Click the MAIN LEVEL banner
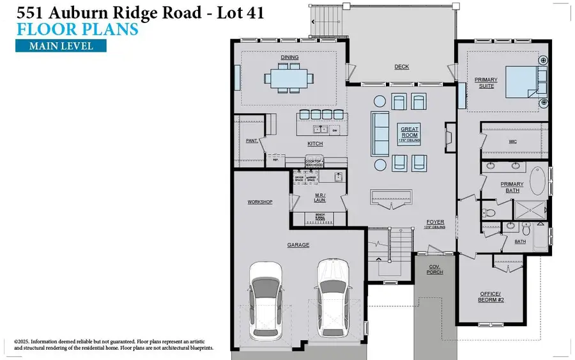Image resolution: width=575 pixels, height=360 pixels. (61, 45)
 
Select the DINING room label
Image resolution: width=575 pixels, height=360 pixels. (289, 58)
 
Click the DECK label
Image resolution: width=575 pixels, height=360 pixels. (401, 67)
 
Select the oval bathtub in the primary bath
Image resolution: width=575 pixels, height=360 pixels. (540, 184)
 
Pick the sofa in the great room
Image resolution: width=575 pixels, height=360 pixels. (380, 133)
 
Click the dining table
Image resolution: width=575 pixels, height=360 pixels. (289, 79)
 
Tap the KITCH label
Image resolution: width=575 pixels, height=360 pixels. (315, 144)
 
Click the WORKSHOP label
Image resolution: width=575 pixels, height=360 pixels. (260, 202)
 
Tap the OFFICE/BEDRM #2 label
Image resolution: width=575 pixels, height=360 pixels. (492, 297)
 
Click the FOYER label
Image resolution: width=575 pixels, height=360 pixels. (436, 223)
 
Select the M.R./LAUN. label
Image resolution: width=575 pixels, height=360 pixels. (320, 198)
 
